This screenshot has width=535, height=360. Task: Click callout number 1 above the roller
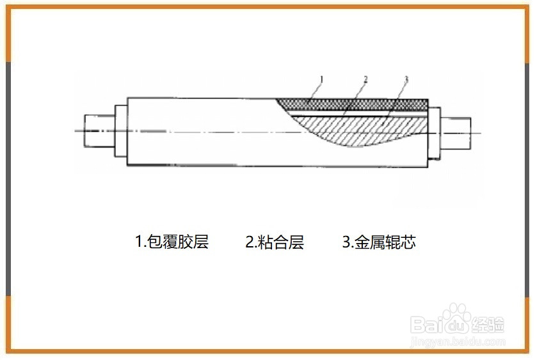321,79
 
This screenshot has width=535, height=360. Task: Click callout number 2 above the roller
365,80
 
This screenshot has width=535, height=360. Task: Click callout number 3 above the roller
406,80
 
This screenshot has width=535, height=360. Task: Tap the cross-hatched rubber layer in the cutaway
358,103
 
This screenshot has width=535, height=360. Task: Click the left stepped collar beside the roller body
120,131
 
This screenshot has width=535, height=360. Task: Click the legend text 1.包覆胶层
172,242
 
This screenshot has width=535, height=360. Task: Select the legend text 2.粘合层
275,242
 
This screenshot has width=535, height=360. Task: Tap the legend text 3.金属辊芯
379,242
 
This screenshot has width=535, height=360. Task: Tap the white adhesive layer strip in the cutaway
358,111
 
